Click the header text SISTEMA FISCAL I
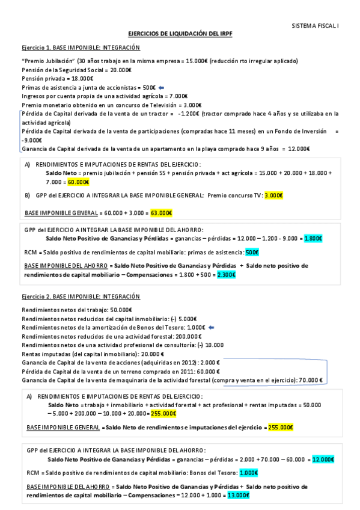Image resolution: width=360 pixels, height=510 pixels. pyautogui.click(x=315, y=26)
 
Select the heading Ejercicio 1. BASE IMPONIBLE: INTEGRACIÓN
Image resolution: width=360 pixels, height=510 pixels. pyautogui.click(x=81, y=48)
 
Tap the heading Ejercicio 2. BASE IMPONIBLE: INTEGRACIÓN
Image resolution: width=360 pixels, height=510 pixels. pyautogui.click(x=81, y=296)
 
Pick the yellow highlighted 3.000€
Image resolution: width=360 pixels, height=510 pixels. pyautogui.click(x=273, y=195)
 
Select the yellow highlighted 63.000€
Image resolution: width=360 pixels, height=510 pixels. pyautogui.click(x=161, y=213)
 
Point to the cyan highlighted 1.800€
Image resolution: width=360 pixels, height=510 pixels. pyautogui.click(x=313, y=239)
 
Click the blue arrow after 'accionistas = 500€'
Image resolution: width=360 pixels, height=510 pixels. pyautogui.click(x=162, y=87)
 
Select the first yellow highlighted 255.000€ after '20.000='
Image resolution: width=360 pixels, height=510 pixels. pyautogui.click(x=163, y=414)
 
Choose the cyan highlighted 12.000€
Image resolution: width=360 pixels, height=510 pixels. pyautogui.click(x=323, y=459)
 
